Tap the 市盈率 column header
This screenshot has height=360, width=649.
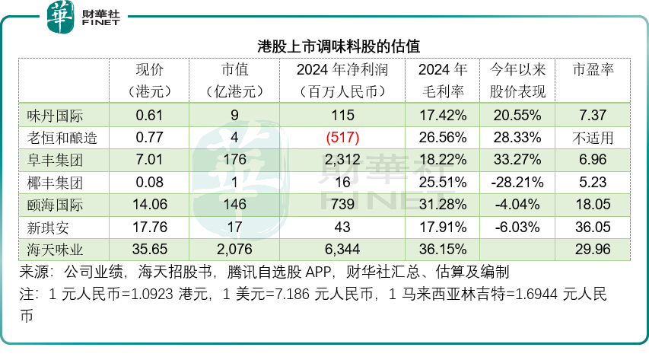click(x=593, y=70)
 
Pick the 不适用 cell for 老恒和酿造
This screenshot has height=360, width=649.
click(x=593, y=138)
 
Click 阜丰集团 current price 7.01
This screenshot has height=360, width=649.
click(x=150, y=160)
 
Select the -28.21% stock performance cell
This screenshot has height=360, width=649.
click(x=517, y=182)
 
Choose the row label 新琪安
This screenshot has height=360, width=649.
click(x=46, y=226)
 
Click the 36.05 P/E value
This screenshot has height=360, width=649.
click(x=593, y=226)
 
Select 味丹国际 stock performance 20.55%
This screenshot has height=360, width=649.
click(x=517, y=116)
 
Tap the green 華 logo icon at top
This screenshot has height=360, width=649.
click(x=61, y=18)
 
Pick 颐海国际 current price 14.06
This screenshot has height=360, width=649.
click(x=150, y=204)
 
